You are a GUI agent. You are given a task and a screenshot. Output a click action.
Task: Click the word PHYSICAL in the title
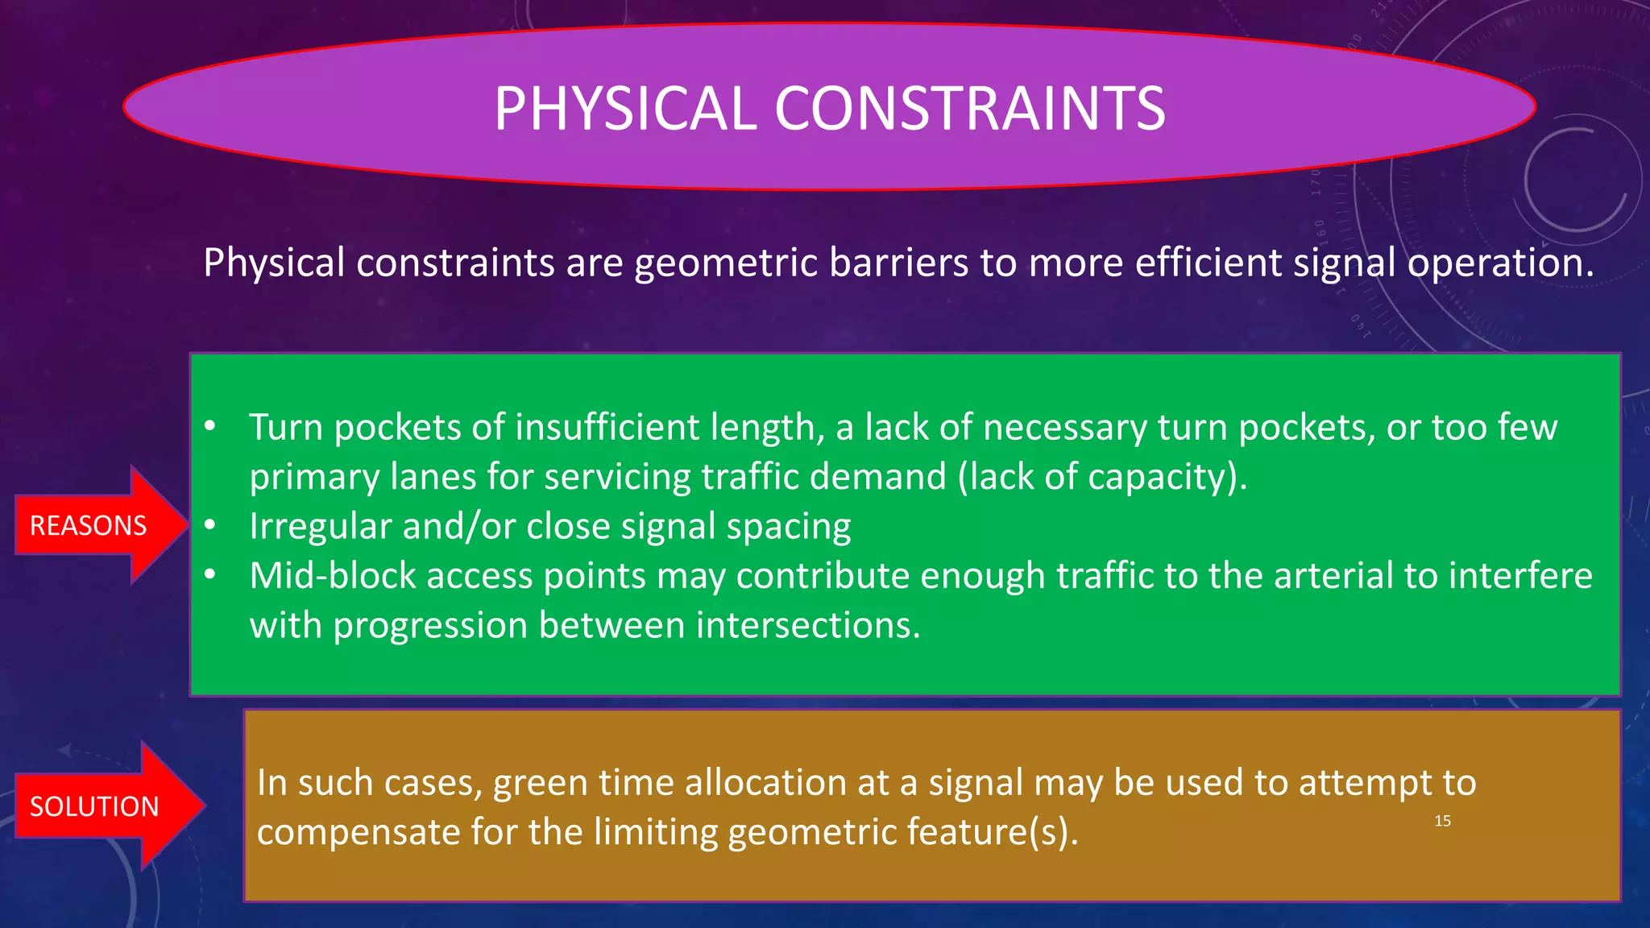[625, 109]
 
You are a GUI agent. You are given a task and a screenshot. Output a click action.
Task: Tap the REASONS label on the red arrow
[89, 526]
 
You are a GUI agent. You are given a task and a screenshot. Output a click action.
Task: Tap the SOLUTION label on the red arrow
[94, 806]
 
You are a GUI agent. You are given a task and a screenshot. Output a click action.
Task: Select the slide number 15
[1442, 821]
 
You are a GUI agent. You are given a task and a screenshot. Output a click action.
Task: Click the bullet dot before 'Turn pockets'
[209, 427]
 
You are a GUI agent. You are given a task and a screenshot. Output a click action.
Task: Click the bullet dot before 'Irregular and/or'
[209, 526]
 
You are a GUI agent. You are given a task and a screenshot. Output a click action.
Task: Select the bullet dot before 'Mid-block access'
[209, 575]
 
